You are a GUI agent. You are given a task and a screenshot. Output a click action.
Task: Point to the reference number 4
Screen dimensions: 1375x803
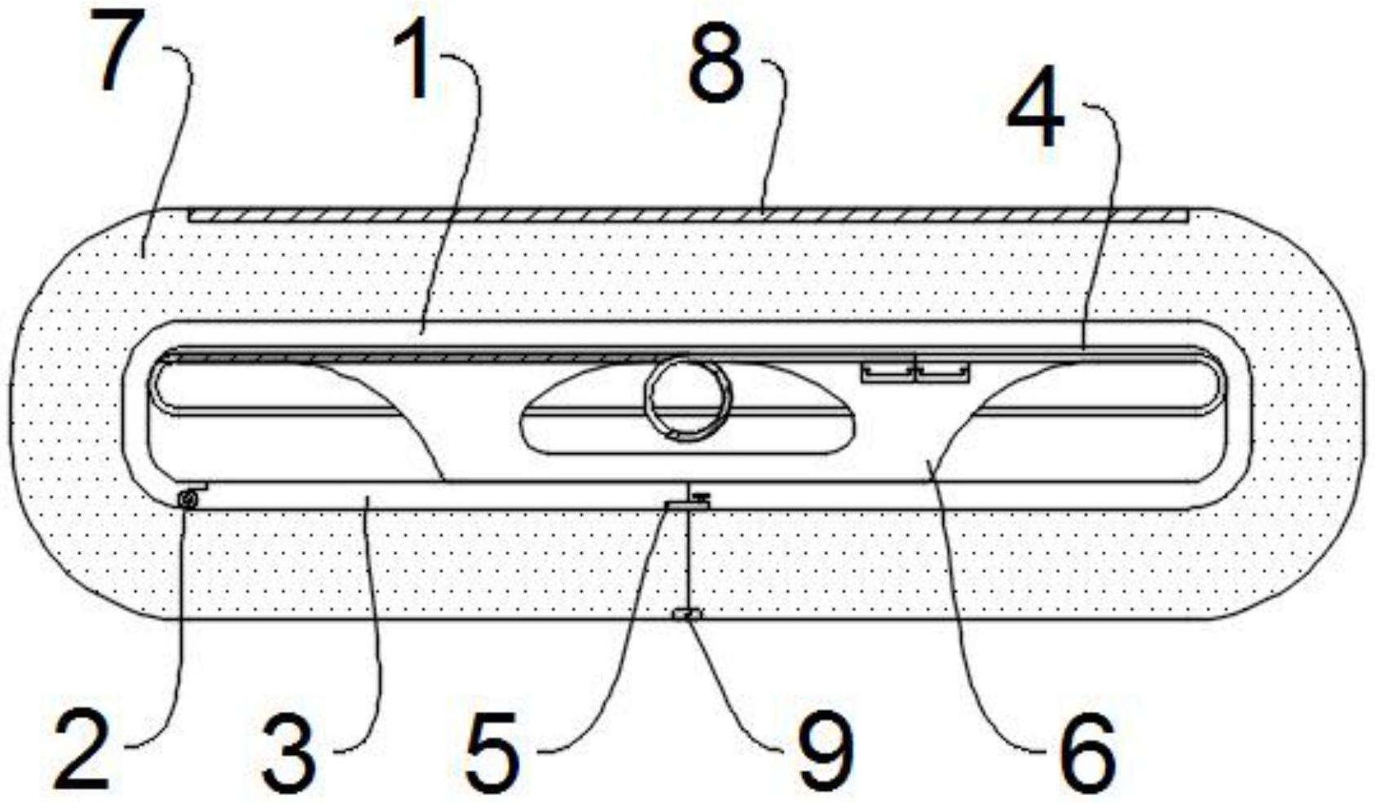1035,110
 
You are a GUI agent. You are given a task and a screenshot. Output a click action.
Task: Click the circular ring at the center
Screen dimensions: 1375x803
687,397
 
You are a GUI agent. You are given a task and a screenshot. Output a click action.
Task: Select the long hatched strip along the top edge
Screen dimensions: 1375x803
687,215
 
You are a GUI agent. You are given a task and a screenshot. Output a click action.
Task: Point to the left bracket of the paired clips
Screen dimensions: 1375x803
888,373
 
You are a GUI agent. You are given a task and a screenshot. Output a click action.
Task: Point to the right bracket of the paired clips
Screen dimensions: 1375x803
943,373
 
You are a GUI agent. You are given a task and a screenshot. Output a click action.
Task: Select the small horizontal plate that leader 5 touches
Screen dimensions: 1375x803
686,505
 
